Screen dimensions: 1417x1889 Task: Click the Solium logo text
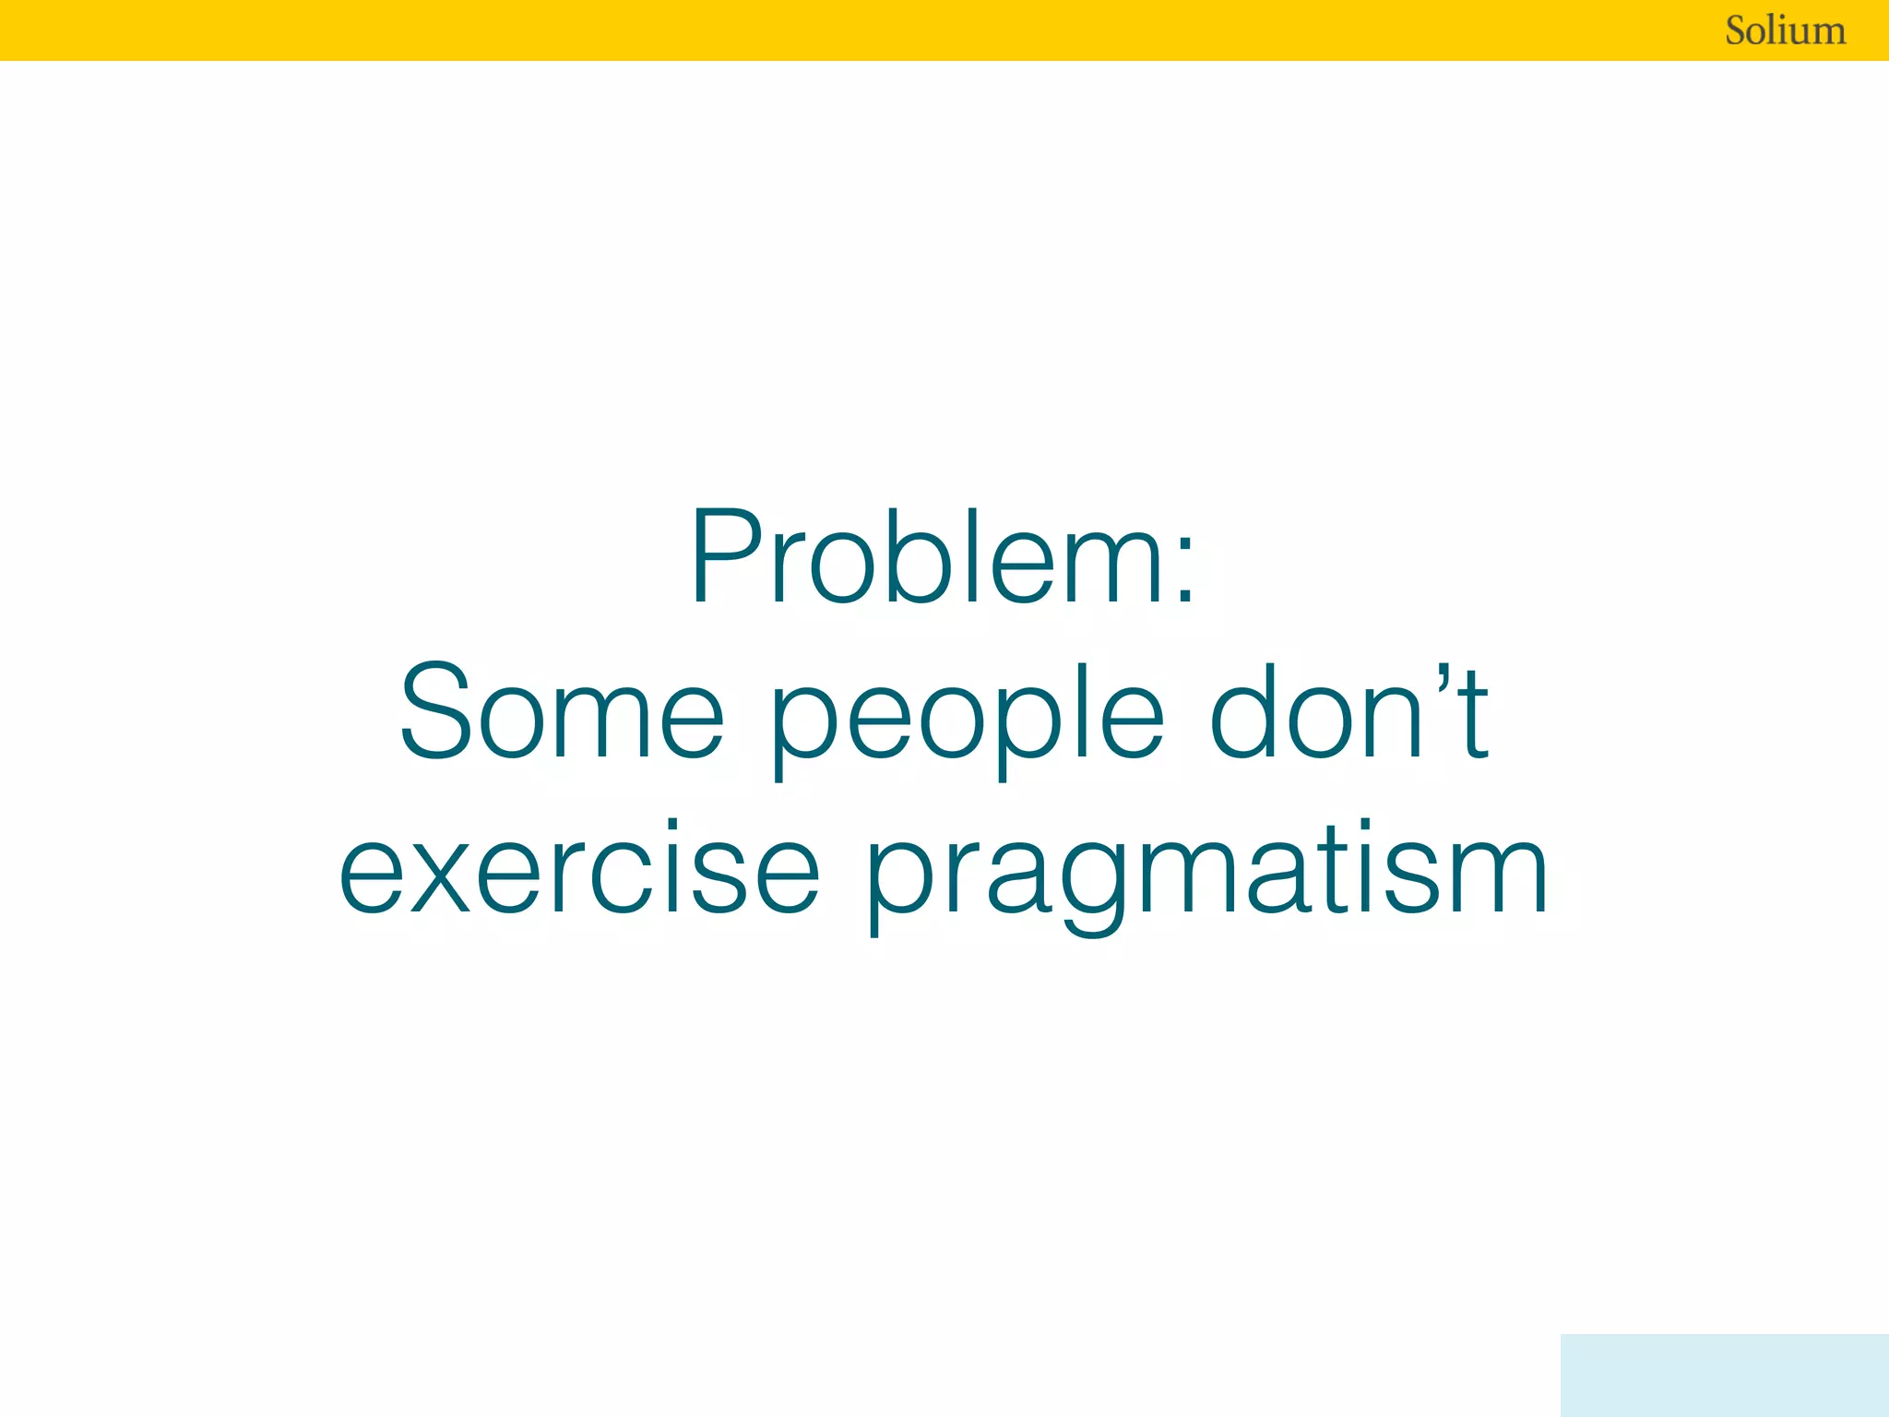click(x=1785, y=30)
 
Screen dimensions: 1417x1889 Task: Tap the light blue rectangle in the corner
click(x=1724, y=1375)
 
